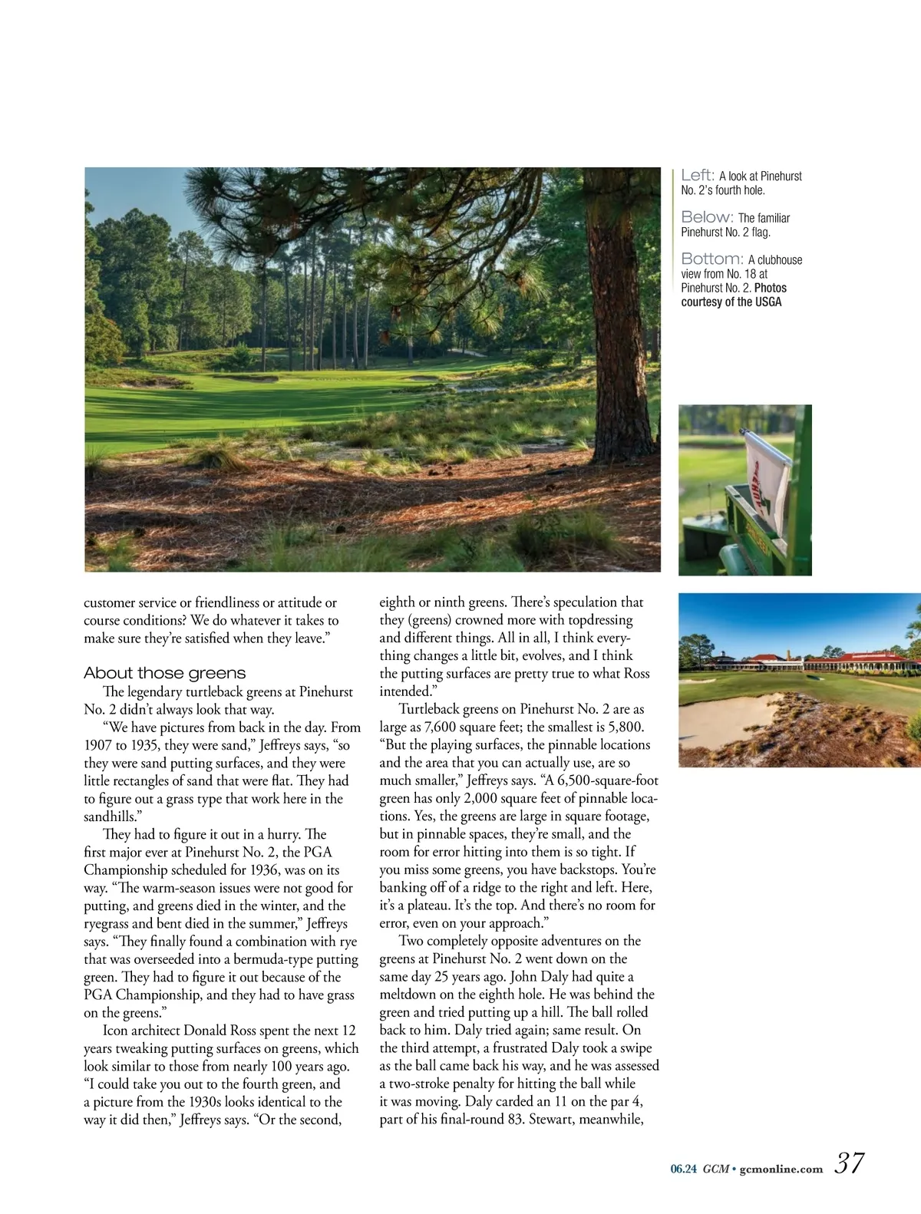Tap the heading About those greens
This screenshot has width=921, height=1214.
coord(164,673)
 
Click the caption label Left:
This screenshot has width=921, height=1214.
coord(698,175)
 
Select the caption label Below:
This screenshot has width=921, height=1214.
coord(707,217)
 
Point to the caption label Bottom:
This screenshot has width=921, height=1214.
coord(711,259)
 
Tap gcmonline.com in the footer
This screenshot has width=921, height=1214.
coord(781,1169)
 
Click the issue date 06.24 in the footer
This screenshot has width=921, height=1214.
coord(683,1169)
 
